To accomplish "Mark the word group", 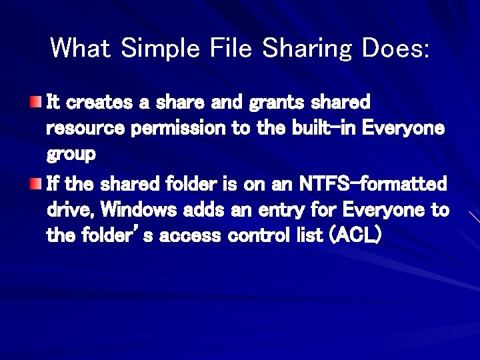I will tap(71, 155).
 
